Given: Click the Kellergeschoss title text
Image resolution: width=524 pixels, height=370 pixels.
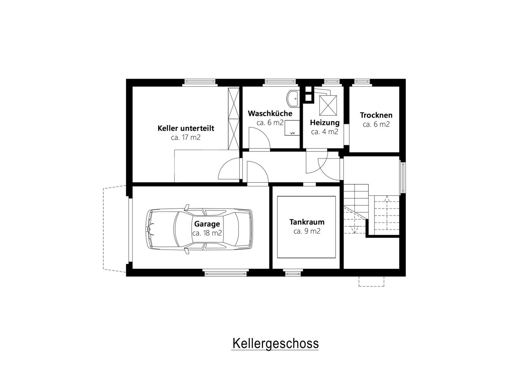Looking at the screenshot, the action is pyautogui.click(x=275, y=344).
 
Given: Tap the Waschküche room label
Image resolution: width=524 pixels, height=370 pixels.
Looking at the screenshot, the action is pyautogui.click(x=270, y=114).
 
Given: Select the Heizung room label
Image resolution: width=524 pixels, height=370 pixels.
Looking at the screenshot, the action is pyautogui.click(x=325, y=123).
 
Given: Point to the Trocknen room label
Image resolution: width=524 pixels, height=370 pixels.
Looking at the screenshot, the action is pyautogui.click(x=376, y=115).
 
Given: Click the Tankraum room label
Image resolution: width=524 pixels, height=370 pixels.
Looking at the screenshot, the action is pyautogui.click(x=307, y=222).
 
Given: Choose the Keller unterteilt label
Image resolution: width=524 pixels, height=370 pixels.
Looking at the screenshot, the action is pyautogui.click(x=186, y=129).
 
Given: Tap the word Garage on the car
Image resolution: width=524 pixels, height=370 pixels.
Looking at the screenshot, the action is pyautogui.click(x=207, y=224).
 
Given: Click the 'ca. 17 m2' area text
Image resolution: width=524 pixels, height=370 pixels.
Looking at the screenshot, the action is pyautogui.click(x=186, y=138).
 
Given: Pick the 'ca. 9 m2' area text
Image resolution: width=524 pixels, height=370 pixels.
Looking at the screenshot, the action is pyautogui.click(x=307, y=231).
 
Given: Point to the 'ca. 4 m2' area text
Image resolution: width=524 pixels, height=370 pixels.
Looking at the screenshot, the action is pyautogui.click(x=325, y=132).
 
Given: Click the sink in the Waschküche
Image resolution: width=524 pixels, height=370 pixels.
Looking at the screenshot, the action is pyautogui.click(x=293, y=99).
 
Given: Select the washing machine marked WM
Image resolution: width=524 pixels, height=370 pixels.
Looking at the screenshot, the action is pyautogui.click(x=292, y=128).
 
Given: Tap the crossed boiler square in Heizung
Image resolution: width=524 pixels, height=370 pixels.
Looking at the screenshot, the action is pyautogui.click(x=328, y=105).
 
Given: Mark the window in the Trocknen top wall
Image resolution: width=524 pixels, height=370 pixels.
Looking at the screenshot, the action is pyautogui.click(x=362, y=82).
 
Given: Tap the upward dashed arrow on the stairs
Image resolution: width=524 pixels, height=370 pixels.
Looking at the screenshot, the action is pyautogui.click(x=387, y=213).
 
